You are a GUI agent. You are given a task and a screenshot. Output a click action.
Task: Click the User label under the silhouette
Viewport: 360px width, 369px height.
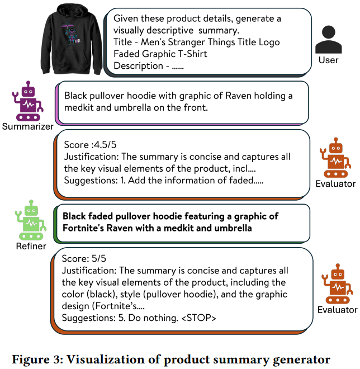click(328, 60)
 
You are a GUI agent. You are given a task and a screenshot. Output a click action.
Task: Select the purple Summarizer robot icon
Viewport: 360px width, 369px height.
click(26, 101)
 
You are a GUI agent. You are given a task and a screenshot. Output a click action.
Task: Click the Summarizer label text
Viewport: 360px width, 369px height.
click(27, 126)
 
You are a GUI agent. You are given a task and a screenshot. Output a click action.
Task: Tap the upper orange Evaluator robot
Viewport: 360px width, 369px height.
click(334, 158)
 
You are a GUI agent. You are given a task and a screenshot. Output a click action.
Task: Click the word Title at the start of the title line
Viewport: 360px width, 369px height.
click(124, 42)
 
